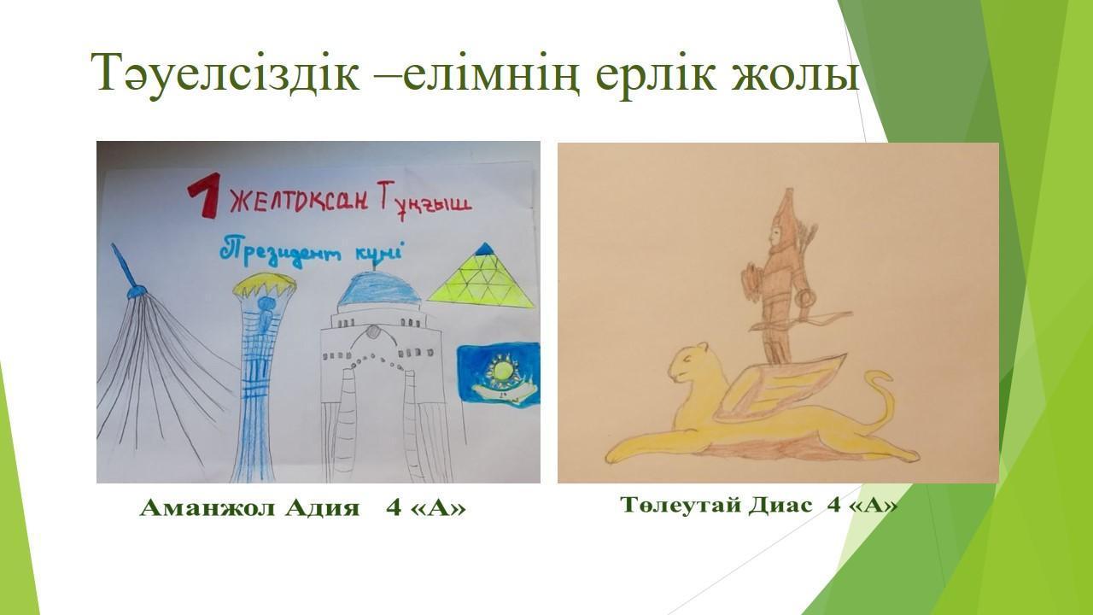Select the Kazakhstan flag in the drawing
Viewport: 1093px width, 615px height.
498,375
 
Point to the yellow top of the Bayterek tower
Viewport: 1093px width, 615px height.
265,284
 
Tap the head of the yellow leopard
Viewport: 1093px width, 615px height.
689,361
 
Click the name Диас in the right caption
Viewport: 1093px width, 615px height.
780,505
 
